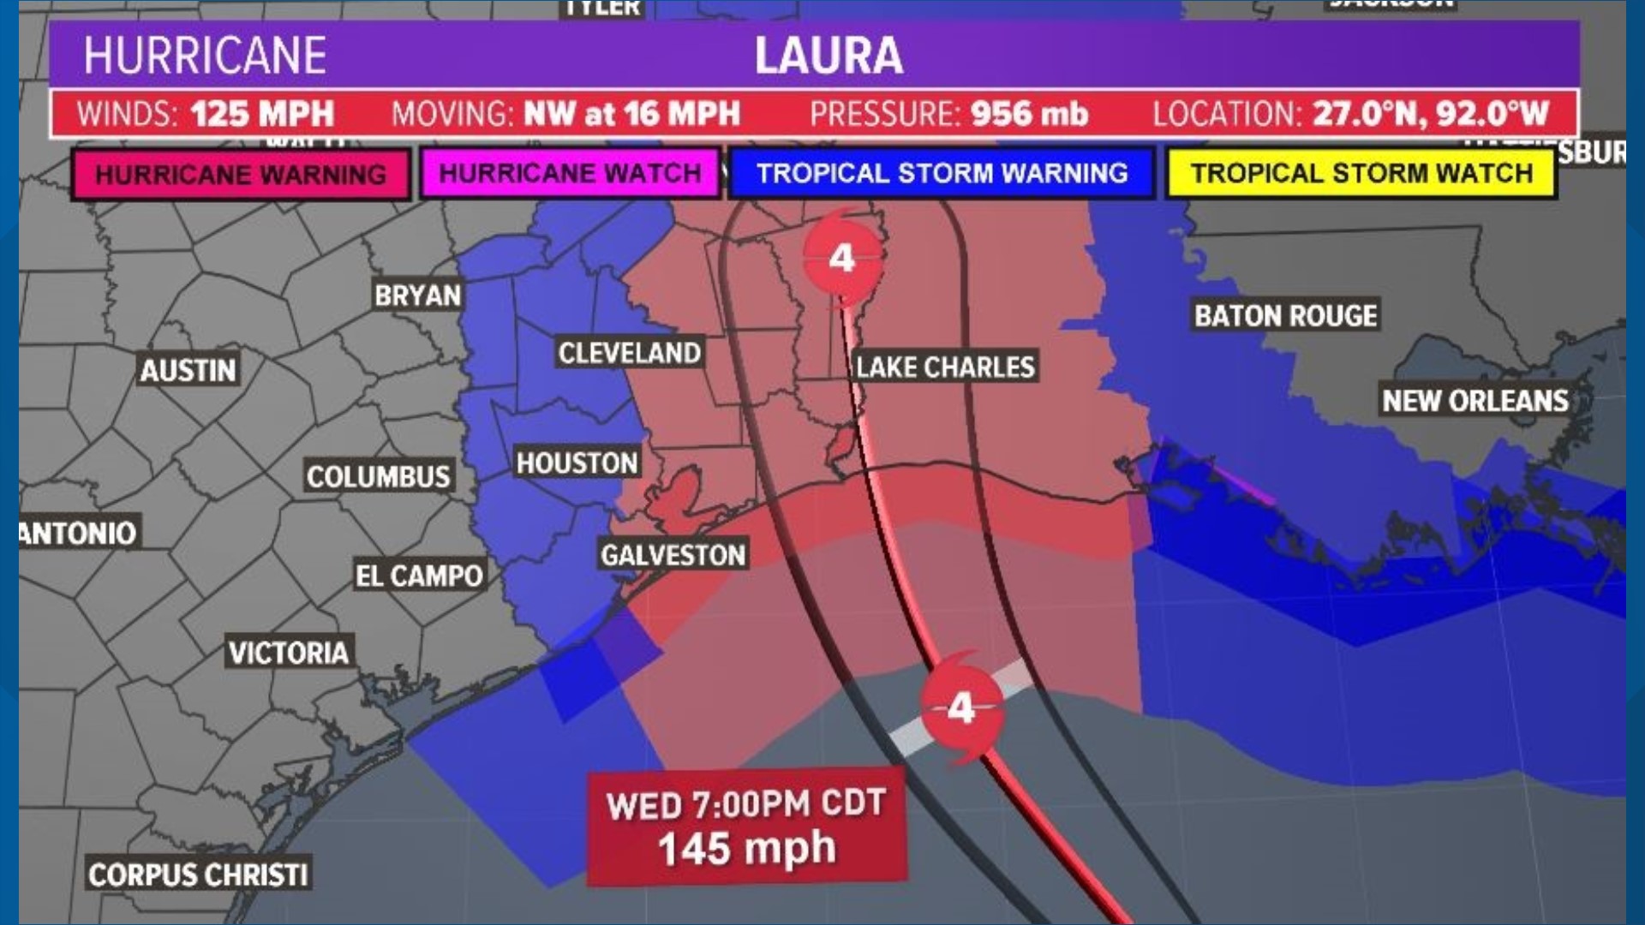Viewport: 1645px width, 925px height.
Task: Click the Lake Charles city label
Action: click(945, 367)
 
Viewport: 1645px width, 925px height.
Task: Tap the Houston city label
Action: click(577, 462)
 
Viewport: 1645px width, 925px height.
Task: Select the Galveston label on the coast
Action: click(673, 555)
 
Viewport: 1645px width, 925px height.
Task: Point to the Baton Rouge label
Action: click(1285, 315)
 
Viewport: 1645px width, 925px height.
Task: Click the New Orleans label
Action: click(1475, 400)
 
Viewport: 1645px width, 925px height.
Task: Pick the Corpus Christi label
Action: click(198, 874)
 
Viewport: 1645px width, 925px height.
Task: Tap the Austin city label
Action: click(188, 370)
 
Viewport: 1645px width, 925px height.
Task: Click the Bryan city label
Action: click(417, 295)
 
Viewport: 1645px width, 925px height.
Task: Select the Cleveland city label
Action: click(629, 352)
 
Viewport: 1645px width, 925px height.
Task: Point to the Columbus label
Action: click(378, 476)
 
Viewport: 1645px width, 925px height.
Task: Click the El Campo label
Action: click(419, 576)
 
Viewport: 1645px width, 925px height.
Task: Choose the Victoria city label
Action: click(288, 653)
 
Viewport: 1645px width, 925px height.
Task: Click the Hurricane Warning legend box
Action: click(241, 175)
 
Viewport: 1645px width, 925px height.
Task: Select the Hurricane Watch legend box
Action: click(570, 174)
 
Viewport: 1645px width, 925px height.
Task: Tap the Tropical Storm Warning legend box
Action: click(942, 174)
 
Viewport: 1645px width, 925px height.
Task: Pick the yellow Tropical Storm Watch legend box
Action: click(1361, 174)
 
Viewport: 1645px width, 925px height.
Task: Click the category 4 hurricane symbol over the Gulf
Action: click(961, 708)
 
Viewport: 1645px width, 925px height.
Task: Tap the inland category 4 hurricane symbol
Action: click(842, 258)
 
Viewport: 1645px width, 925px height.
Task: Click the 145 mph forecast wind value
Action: click(746, 849)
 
